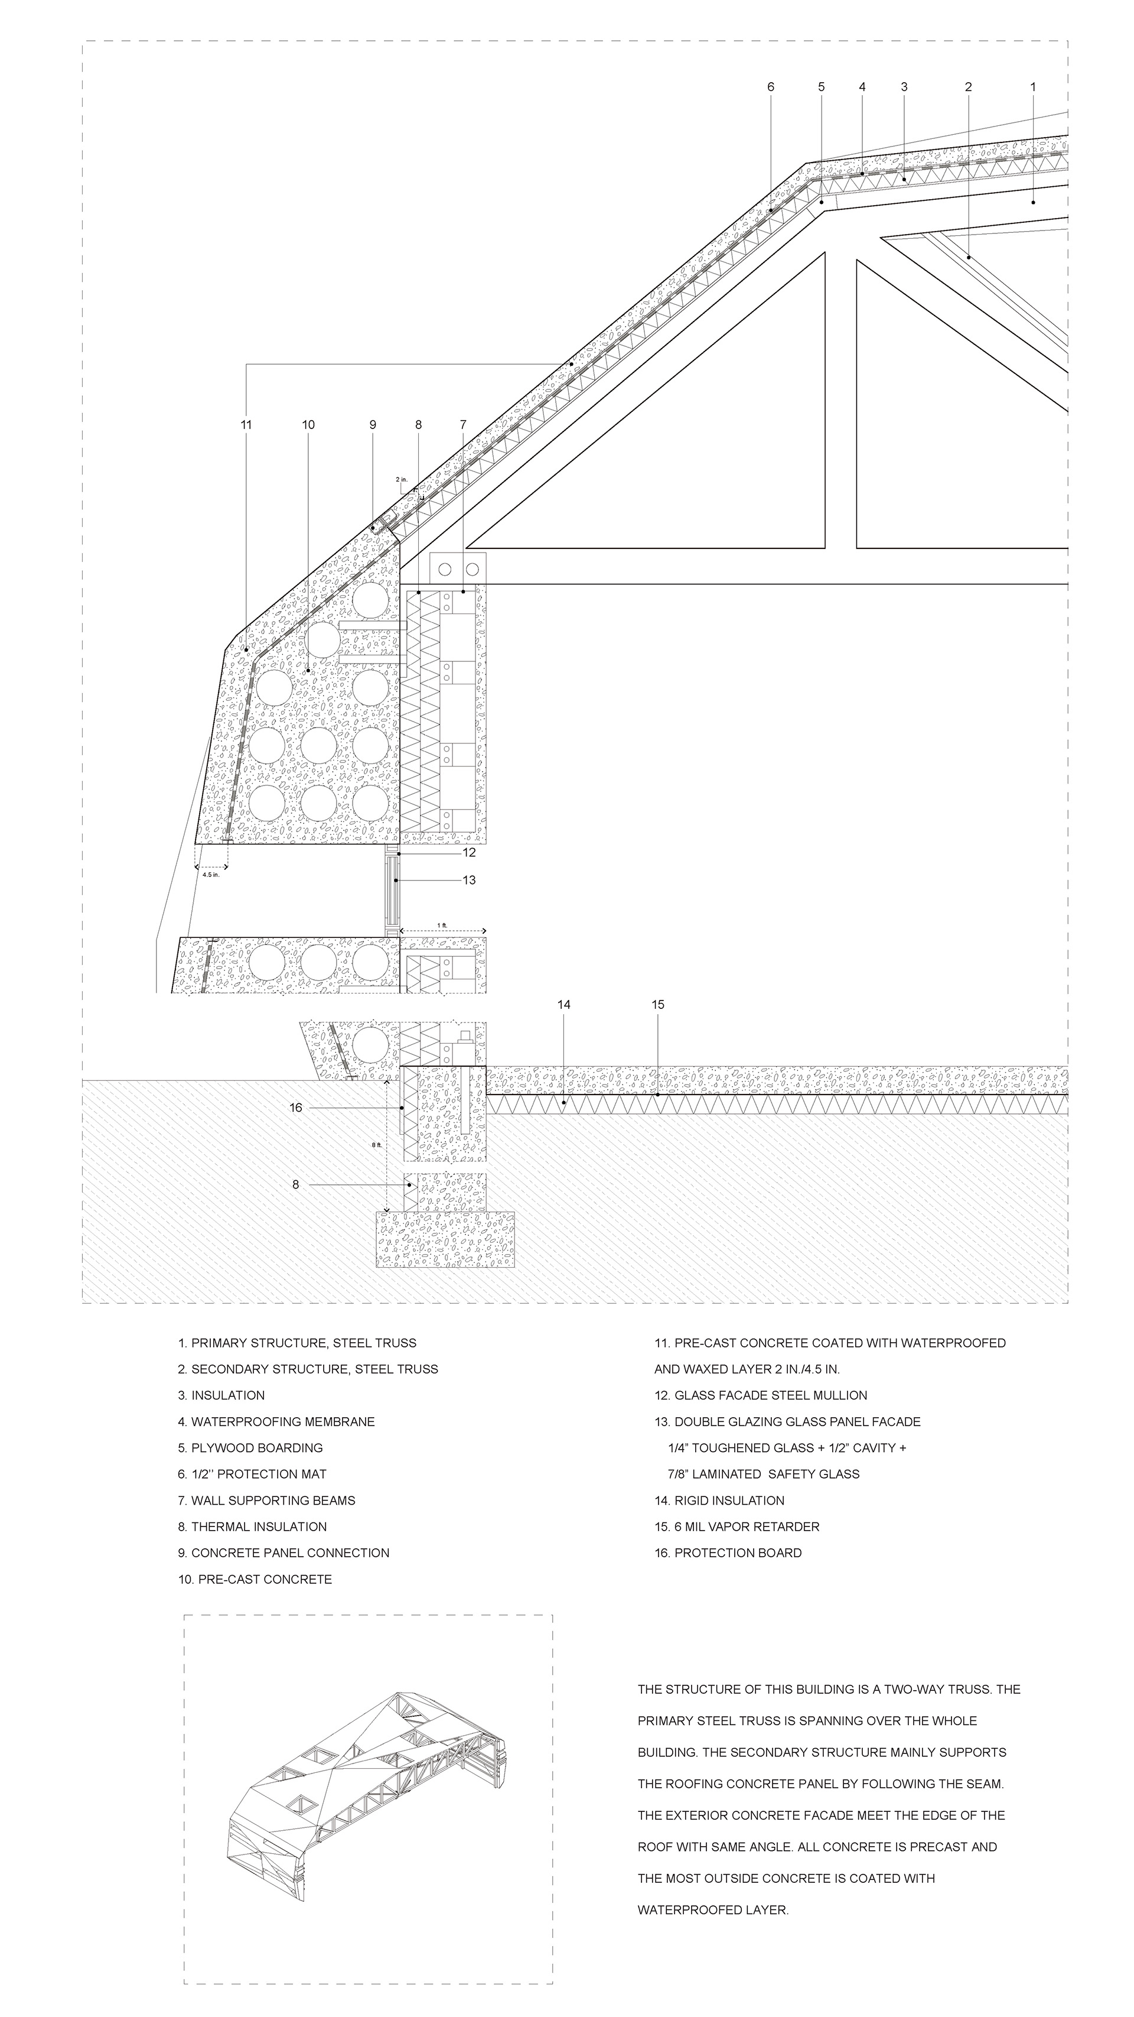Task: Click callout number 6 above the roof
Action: [x=770, y=87]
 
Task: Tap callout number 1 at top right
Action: [x=1032, y=87]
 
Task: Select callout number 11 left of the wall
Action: [x=246, y=425]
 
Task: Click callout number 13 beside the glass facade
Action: [x=469, y=880]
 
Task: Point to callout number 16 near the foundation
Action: [x=296, y=1107]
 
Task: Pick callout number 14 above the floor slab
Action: [x=563, y=1005]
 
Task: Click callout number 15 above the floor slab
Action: [x=657, y=1005]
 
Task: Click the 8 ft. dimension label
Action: [x=376, y=1145]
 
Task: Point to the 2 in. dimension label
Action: [x=402, y=479]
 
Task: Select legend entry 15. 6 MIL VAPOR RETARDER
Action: [x=737, y=1526]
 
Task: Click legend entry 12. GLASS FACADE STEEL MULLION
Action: [x=761, y=1395]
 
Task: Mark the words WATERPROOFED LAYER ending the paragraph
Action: [x=712, y=1909]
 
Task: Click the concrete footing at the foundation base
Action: [x=445, y=1239]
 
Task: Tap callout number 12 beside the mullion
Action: [x=469, y=853]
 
